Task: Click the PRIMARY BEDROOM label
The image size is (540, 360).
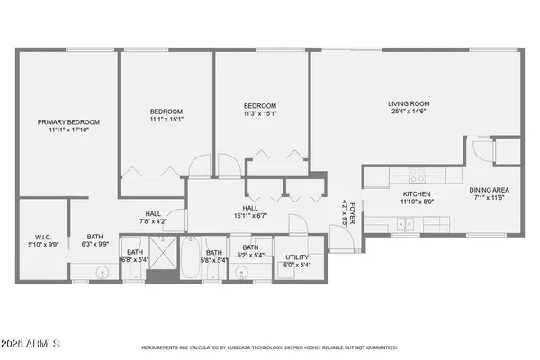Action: point(68,122)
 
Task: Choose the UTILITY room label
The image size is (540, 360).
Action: point(297,256)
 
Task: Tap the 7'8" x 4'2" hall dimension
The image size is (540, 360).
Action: point(153,220)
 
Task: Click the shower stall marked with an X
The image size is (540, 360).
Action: point(162,266)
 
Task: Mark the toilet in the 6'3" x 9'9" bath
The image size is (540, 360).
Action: point(103,270)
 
